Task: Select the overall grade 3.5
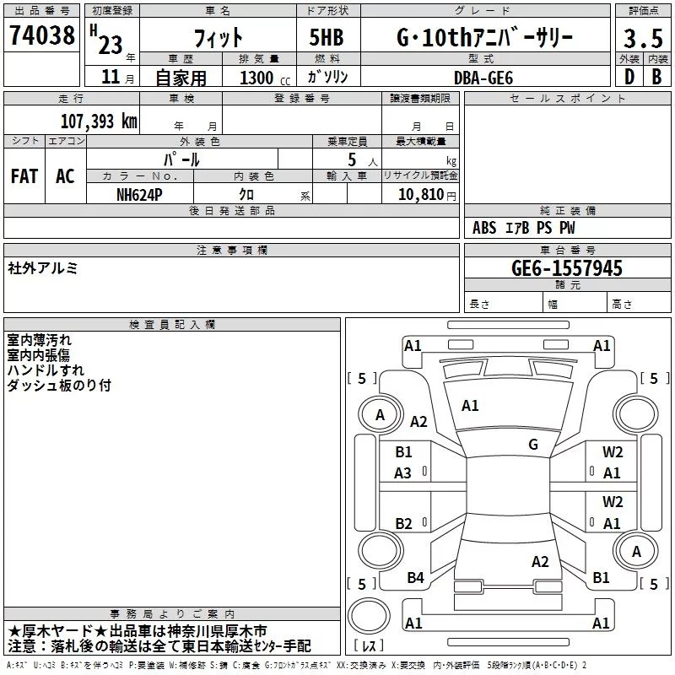coord(642,39)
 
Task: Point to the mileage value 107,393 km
coord(99,121)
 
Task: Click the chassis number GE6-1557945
coord(567,268)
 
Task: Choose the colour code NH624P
coord(140,194)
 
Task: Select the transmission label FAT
coord(24,175)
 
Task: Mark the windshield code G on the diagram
coord(533,445)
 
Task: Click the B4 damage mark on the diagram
coord(415,578)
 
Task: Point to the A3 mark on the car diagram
coord(403,473)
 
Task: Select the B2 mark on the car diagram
coord(403,524)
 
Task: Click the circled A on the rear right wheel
coord(636,552)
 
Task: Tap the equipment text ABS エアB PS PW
coord(524,228)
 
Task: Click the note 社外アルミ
coord(43,267)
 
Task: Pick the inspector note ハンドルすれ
coord(46,370)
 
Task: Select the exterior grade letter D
coord(629,77)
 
